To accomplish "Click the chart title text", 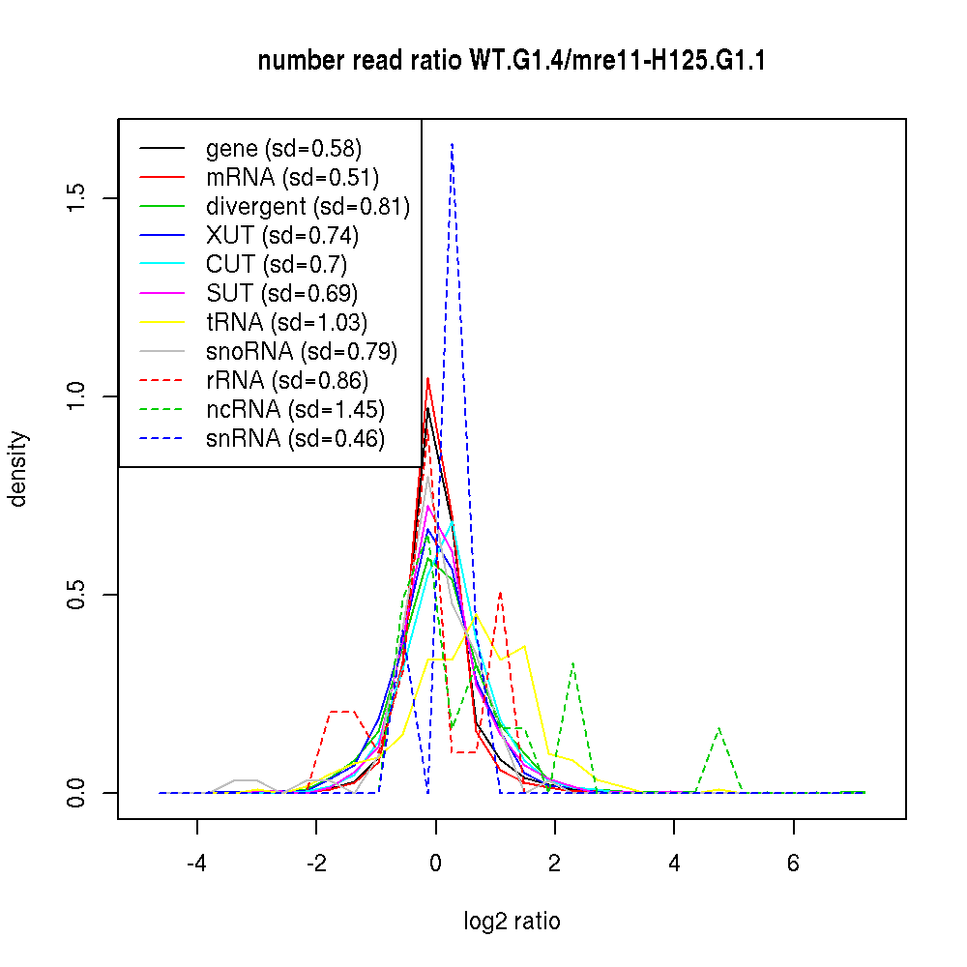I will pyautogui.click(x=512, y=62).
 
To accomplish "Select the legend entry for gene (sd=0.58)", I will pyautogui.click(x=283, y=149).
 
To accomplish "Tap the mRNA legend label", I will pyautogui.click(x=292, y=178).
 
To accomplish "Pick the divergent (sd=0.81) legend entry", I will pyautogui.click(x=308, y=207).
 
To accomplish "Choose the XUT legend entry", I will pyautogui.click(x=281, y=236).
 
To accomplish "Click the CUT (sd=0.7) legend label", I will pyautogui.click(x=276, y=265).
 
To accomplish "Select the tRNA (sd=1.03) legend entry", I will pyautogui.click(x=286, y=323).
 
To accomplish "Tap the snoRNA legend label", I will pyautogui.click(x=301, y=352).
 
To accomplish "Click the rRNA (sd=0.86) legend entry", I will pyautogui.click(x=286, y=381).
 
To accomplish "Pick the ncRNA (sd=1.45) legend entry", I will pyautogui.click(x=295, y=410).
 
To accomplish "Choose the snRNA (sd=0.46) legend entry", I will pyautogui.click(x=295, y=439).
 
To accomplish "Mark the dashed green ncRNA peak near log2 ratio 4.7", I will pyautogui.click(x=718, y=728).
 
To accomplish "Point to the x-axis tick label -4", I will pyautogui.click(x=197, y=863).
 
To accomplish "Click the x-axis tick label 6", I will pyautogui.click(x=794, y=863).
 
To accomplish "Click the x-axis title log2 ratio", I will pyautogui.click(x=512, y=922).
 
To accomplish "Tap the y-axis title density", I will pyautogui.click(x=18, y=469).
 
